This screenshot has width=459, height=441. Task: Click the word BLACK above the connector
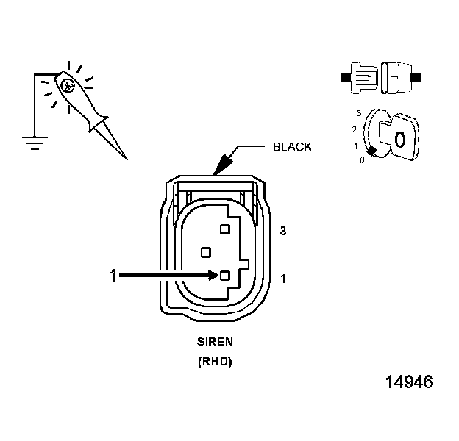pyautogui.click(x=292, y=147)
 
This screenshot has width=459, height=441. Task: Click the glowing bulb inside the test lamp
pyautogui.click(x=68, y=86)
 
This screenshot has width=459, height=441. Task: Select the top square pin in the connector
pyautogui.click(x=224, y=229)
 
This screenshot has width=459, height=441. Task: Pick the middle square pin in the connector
pyautogui.click(x=206, y=252)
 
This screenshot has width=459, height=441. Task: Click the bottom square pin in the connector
pyautogui.click(x=224, y=276)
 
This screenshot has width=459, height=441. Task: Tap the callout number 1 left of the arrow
pyautogui.click(x=113, y=276)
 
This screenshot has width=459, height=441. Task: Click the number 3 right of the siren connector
pyautogui.click(x=283, y=232)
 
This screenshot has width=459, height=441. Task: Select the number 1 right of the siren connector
pyautogui.click(x=283, y=279)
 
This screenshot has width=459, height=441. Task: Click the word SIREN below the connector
pyautogui.click(x=214, y=342)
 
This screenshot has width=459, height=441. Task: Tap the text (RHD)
pyautogui.click(x=214, y=362)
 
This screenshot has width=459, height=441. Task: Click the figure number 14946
pyautogui.click(x=408, y=383)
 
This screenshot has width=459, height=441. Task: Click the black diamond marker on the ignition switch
pyautogui.click(x=372, y=151)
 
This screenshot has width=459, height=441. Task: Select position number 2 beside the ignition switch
pyautogui.click(x=355, y=129)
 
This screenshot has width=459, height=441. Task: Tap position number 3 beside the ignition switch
pyautogui.click(x=358, y=114)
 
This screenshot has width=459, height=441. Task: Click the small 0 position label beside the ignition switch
pyautogui.click(x=361, y=159)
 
